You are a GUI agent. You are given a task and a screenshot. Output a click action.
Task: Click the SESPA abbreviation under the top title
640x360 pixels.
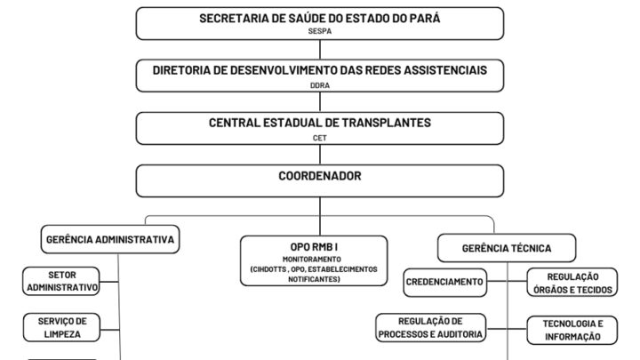(x=320, y=31)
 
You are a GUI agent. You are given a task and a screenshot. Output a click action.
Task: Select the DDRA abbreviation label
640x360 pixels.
(x=320, y=85)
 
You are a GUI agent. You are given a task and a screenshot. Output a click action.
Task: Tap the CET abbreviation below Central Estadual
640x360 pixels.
(x=320, y=138)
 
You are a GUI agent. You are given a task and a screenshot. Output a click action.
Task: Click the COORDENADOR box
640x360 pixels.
(x=320, y=180)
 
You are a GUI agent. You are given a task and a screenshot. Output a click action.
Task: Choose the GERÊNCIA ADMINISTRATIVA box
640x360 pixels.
(x=110, y=239)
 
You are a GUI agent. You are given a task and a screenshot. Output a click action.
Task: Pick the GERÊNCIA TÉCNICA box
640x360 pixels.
(x=507, y=248)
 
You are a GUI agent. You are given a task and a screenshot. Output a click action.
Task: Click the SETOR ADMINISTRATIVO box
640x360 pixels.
(x=61, y=281)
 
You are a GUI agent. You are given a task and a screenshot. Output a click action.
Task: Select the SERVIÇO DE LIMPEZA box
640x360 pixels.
(x=61, y=327)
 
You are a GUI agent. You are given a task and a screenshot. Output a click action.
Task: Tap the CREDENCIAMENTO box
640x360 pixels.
(x=445, y=282)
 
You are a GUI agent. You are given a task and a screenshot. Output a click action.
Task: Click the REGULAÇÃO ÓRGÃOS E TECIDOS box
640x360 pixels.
(x=572, y=283)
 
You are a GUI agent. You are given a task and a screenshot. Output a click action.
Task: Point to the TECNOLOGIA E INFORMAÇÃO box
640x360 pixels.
(x=572, y=330)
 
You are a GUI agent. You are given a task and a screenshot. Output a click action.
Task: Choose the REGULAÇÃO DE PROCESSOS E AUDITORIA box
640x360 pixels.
(x=430, y=327)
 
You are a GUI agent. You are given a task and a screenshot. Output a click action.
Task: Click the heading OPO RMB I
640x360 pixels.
(x=314, y=247)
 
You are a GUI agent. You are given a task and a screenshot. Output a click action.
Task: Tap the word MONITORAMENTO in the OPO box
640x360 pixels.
(x=312, y=260)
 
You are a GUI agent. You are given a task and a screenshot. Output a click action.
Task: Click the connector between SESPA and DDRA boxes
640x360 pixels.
(x=320, y=50)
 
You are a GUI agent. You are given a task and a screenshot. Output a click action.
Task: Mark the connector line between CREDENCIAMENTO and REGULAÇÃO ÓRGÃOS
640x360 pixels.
(x=507, y=281)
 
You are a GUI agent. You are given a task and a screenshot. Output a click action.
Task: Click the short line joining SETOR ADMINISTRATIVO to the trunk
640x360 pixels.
(x=109, y=282)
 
